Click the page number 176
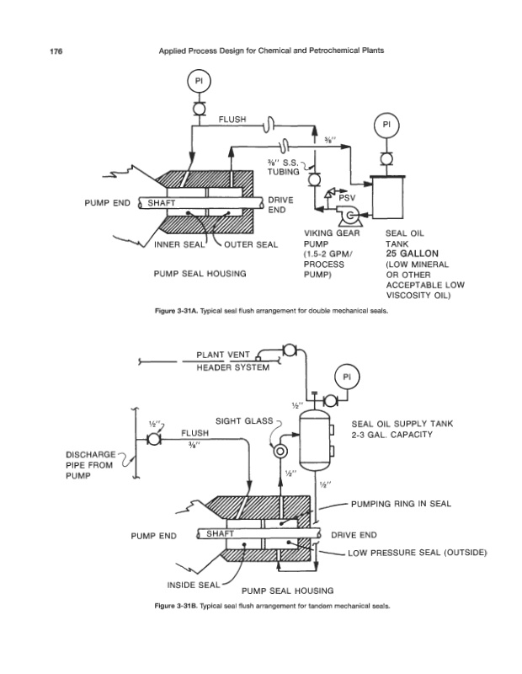coord(56,52)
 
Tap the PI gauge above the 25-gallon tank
coord(386,124)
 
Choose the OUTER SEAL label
coord(249,245)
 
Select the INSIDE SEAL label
coord(191,584)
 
